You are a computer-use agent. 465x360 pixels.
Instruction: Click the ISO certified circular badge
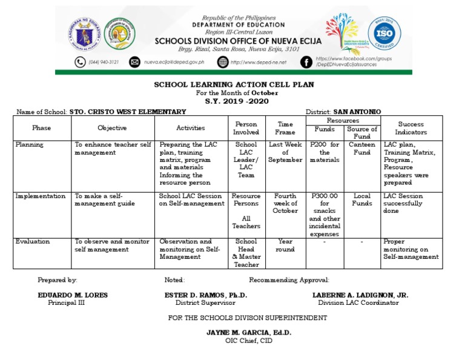(x=384, y=33)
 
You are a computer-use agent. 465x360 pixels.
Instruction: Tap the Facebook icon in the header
(x=306, y=62)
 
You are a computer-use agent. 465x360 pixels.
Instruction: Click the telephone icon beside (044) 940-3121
(x=80, y=62)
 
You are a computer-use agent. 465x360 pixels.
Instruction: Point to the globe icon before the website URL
(x=223, y=62)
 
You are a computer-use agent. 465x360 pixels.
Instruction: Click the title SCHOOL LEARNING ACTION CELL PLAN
(x=232, y=85)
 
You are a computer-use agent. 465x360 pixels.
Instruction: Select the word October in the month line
(x=265, y=93)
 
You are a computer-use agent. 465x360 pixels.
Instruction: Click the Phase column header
(x=42, y=128)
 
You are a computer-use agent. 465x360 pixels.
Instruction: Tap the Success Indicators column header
(x=411, y=128)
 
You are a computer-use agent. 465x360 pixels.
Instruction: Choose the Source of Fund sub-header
(x=362, y=133)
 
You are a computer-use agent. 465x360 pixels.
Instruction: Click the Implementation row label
(x=41, y=196)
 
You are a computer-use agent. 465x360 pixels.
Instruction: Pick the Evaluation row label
(x=33, y=241)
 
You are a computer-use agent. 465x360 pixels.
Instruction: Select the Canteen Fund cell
(x=362, y=148)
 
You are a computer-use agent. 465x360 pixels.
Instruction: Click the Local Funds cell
(x=362, y=200)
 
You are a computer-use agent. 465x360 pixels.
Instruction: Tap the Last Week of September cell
(x=285, y=152)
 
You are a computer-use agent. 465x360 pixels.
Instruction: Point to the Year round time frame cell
(x=285, y=245)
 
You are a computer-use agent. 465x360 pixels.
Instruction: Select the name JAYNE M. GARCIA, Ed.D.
(x=249, y=333)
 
